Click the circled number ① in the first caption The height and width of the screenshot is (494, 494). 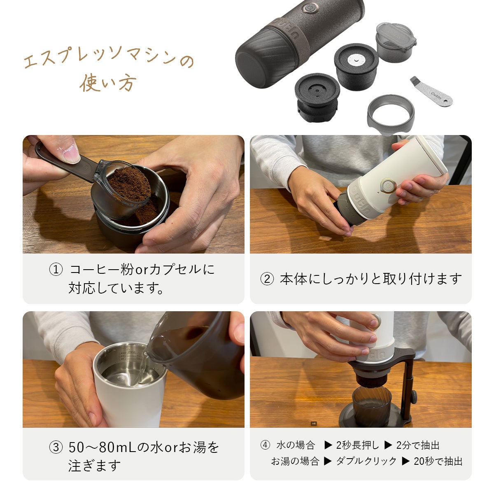[56, 270]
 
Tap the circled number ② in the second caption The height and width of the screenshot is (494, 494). [267, 279]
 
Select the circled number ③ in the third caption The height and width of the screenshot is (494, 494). [56, 447]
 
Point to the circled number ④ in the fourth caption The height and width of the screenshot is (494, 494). [265, 445]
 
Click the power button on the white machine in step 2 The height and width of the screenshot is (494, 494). [388, 185]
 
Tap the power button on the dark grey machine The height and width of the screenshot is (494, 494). [310, 8]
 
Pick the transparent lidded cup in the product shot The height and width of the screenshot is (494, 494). [396, 42]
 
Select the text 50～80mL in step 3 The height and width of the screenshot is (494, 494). [102, 447]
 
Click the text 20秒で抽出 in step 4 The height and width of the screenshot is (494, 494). [438, 461]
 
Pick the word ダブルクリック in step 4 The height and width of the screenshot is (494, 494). [366, 461]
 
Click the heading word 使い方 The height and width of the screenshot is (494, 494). [108, 83]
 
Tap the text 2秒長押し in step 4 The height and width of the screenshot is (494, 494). [357, 445]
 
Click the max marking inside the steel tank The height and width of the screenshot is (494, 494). [131, 352]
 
